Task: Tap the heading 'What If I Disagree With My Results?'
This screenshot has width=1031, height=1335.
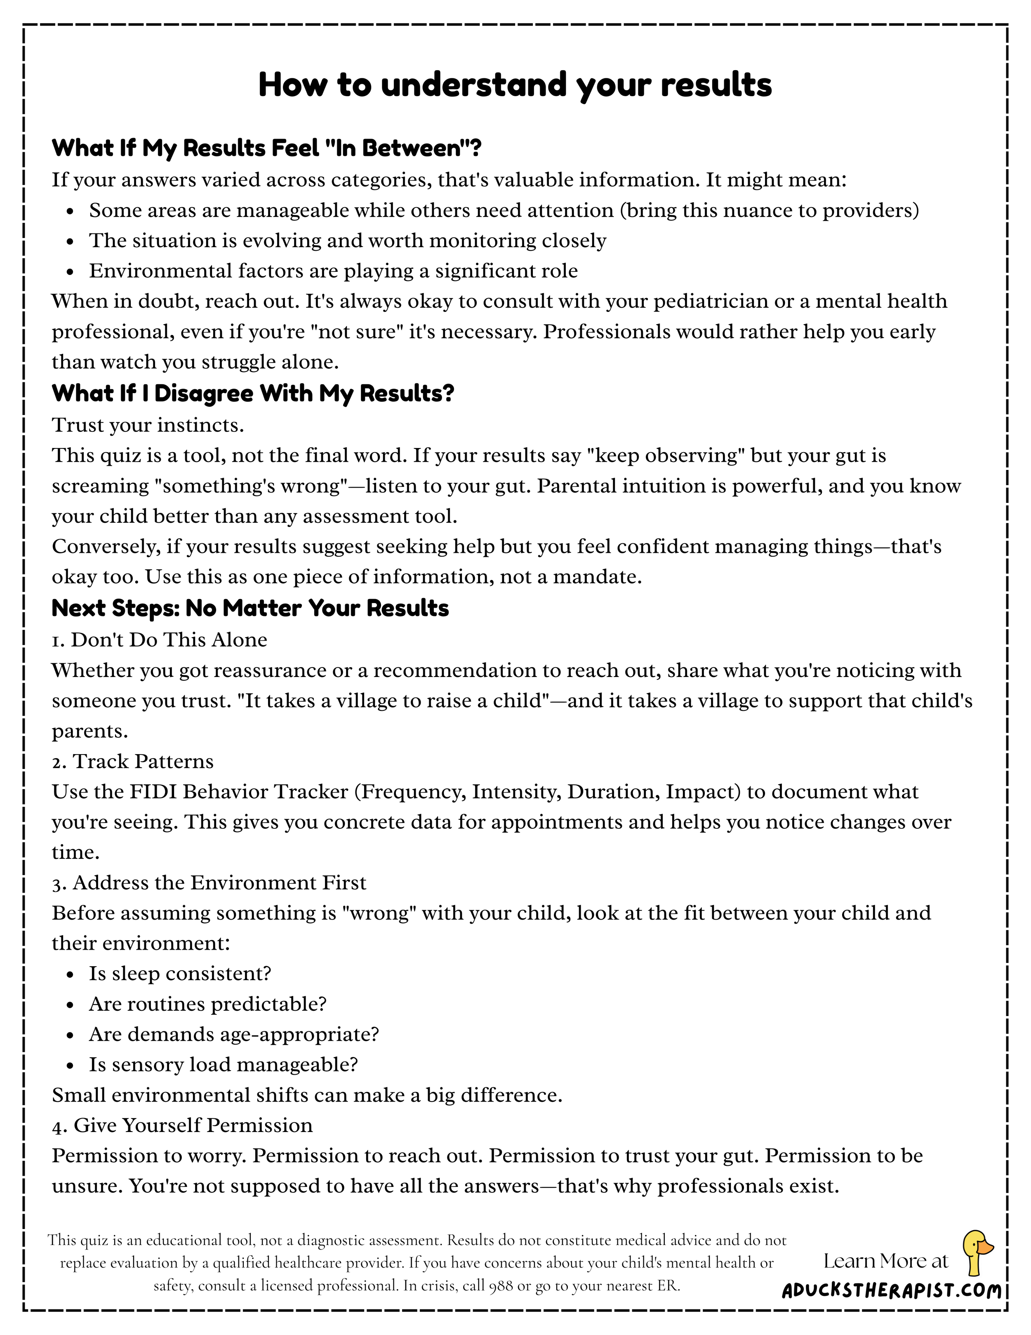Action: (x=253, y=394)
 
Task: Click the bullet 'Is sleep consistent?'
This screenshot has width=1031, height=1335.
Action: (x=180, y=973)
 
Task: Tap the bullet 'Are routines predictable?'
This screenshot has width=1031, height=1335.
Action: (x=208, y=1004)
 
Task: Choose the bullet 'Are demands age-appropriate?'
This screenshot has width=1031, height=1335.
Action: (x=234, y=1034)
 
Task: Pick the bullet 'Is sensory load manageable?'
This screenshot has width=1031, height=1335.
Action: (x=223, y=1064)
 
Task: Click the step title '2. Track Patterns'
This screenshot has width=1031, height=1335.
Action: (x=133, y=762)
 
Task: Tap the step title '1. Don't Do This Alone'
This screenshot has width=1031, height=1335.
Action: (x=160, y=640)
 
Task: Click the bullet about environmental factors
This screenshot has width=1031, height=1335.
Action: (x=333, y=271)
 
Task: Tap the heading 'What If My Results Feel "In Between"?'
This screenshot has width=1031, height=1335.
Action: (x=266, y=148)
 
